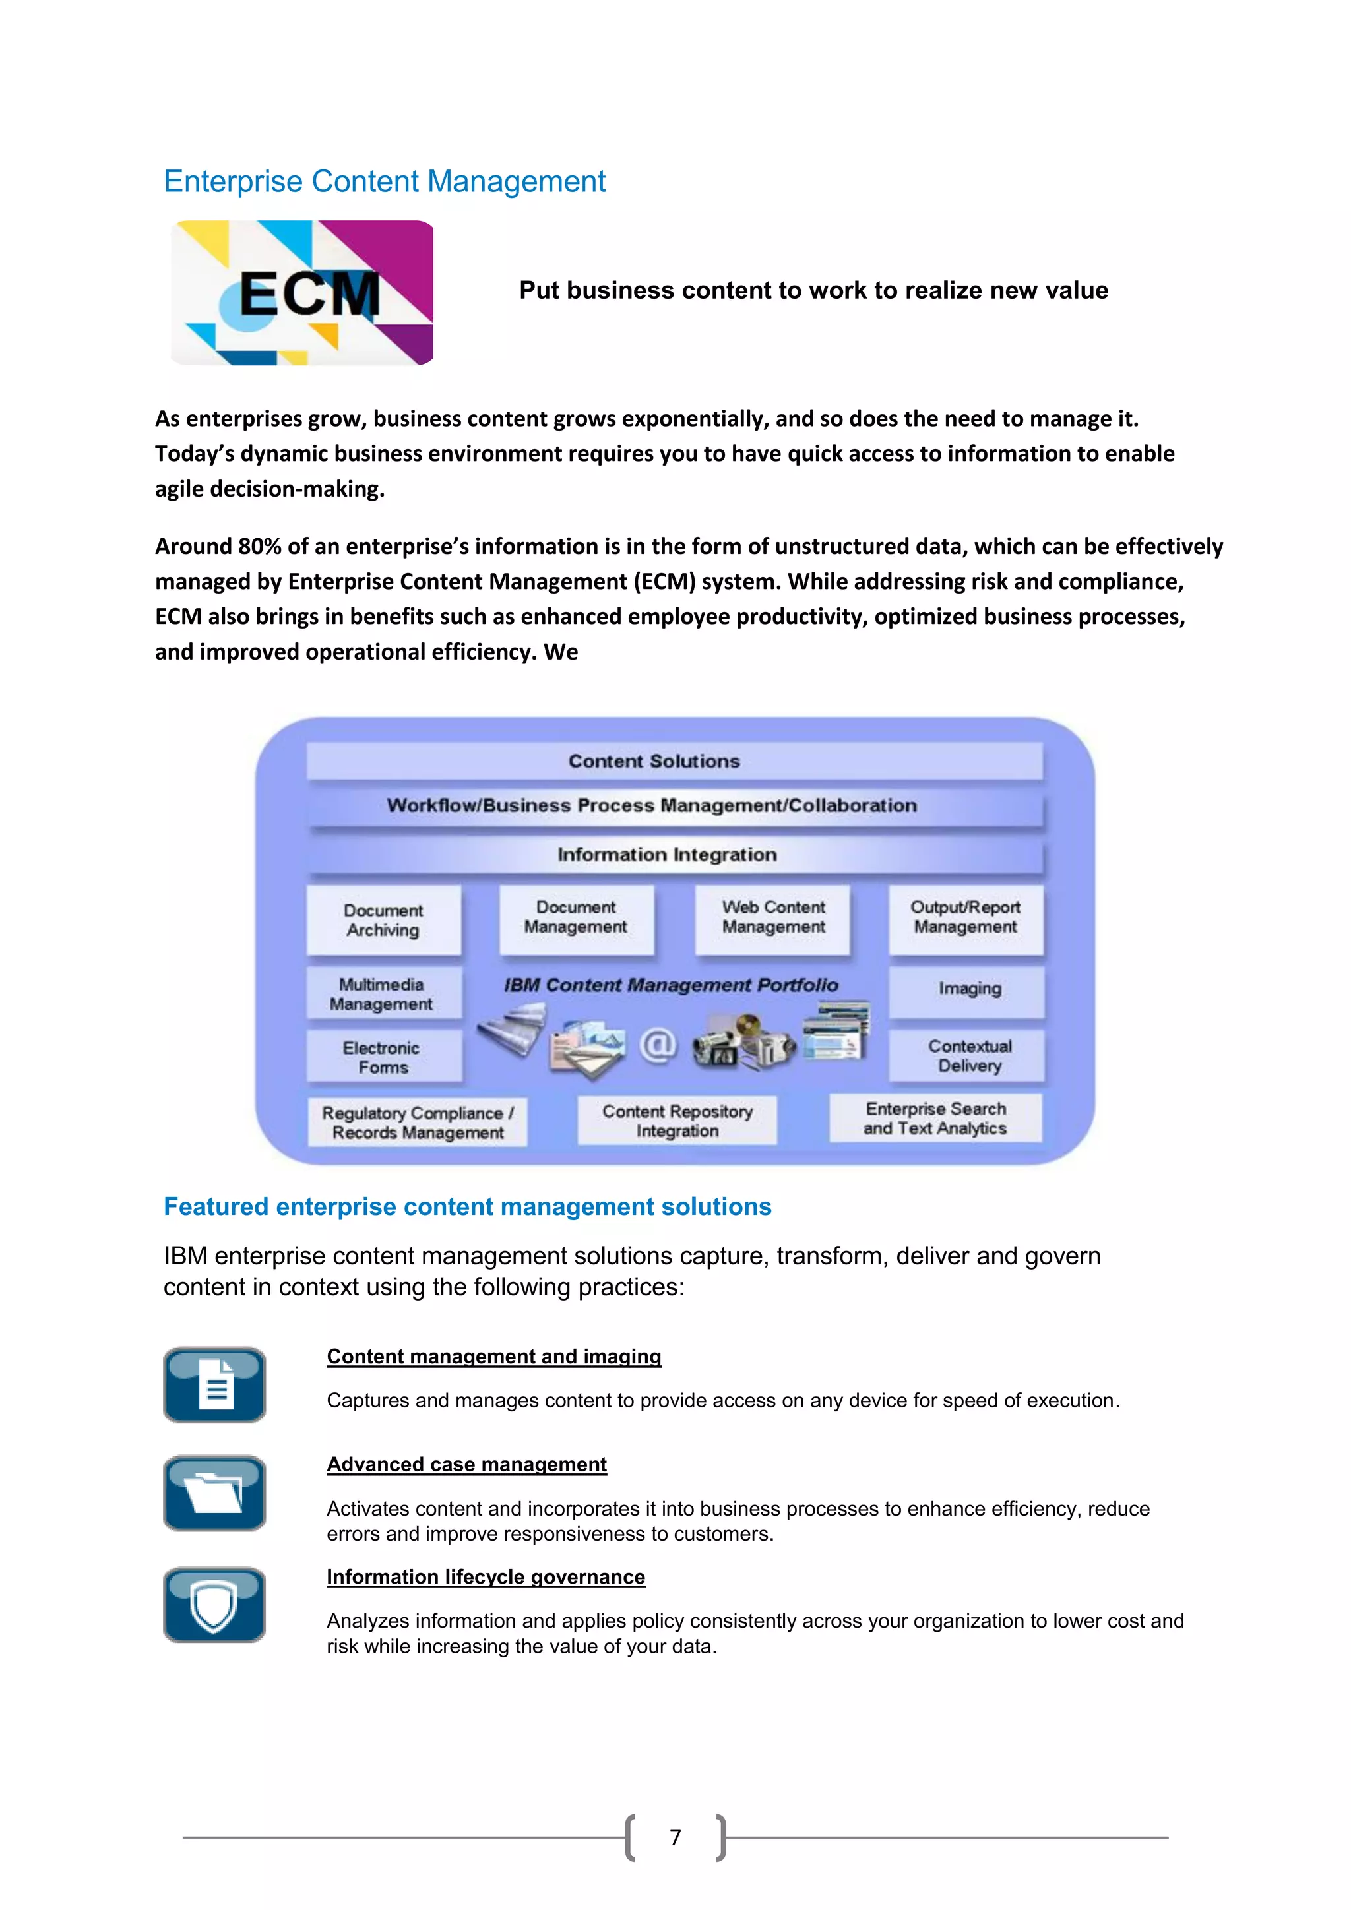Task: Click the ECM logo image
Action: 302,293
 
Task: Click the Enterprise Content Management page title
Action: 385,181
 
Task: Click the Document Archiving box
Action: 383,920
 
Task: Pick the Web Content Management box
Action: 773,917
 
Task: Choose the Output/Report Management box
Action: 965,917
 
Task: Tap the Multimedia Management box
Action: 382,994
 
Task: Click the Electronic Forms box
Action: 383,1057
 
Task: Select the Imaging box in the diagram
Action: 968,990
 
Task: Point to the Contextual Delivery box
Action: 968,1057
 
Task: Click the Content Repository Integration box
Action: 677,1121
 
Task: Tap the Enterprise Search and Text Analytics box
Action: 935,1119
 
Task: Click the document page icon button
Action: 214,1385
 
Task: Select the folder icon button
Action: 214,1493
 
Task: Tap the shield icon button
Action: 214,1605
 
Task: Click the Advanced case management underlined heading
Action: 466,1465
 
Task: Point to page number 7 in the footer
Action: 675,1837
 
